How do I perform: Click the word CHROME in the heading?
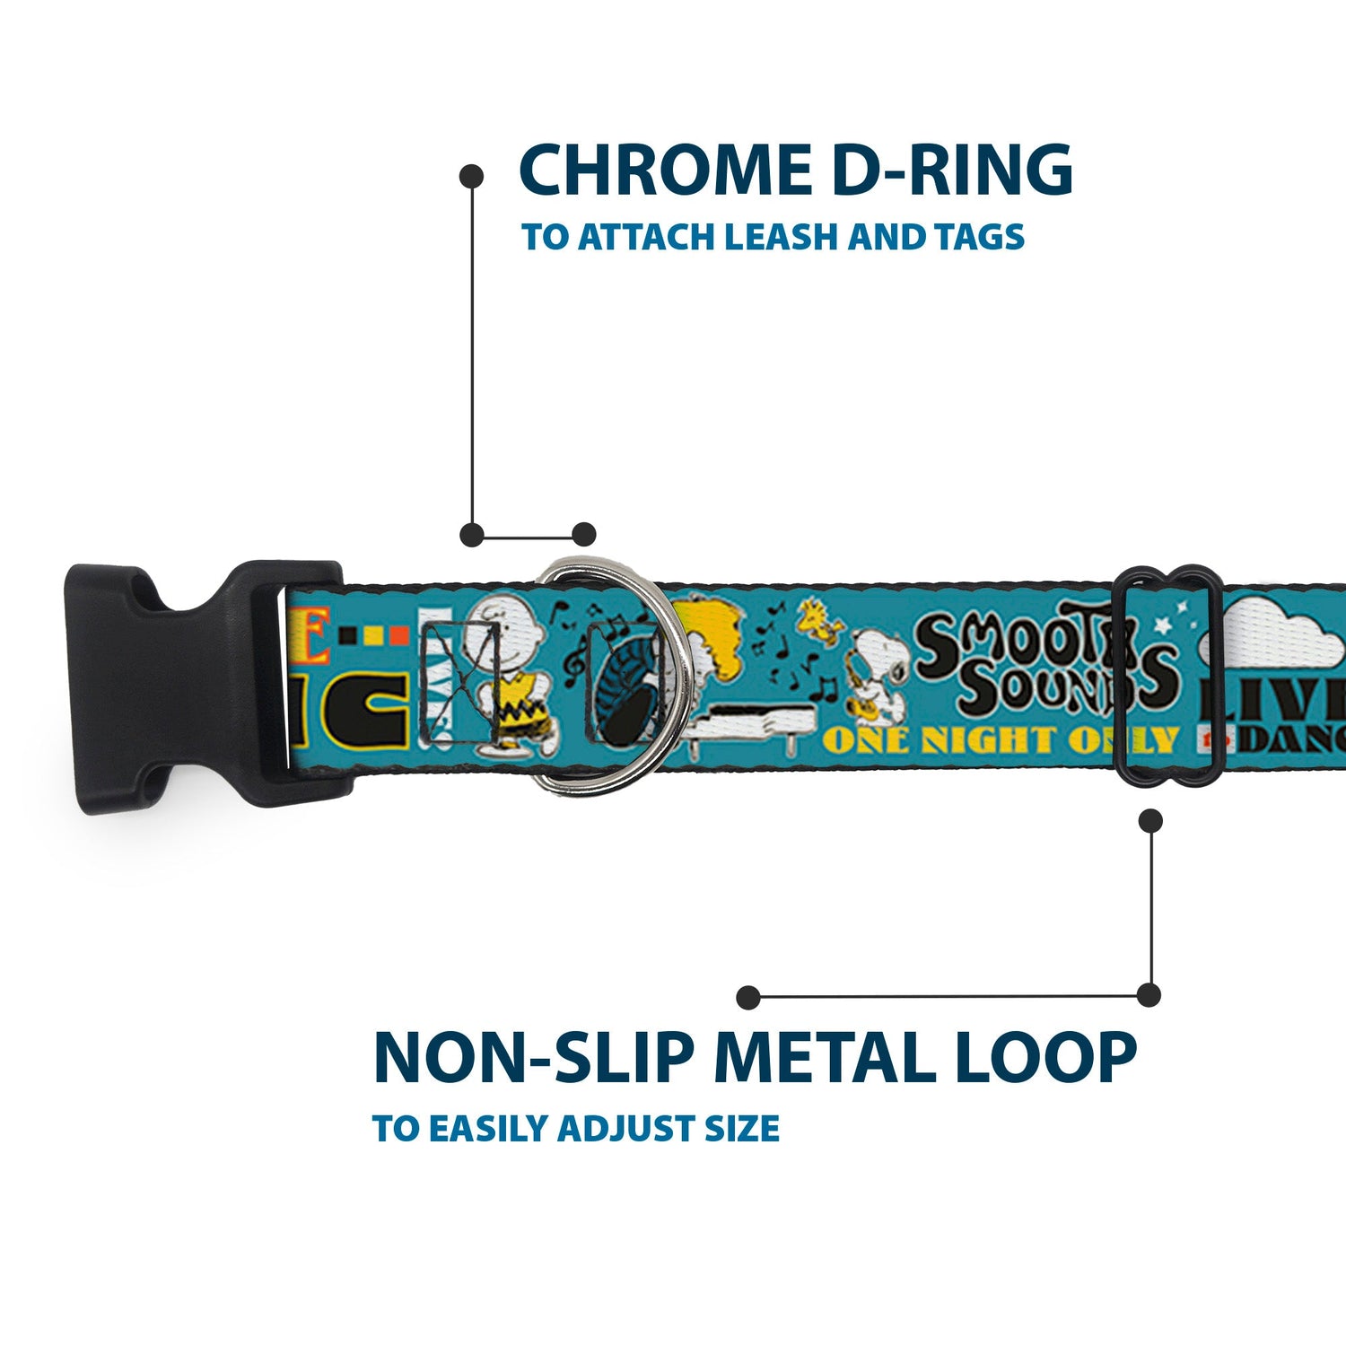coord(664,170)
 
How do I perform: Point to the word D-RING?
coord(951,170)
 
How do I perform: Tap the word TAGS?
coord(978,237)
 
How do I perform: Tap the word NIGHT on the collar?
coord(987,740)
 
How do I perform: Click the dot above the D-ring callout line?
coord(471,177)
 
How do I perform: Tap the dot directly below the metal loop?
coord(1150,820)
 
